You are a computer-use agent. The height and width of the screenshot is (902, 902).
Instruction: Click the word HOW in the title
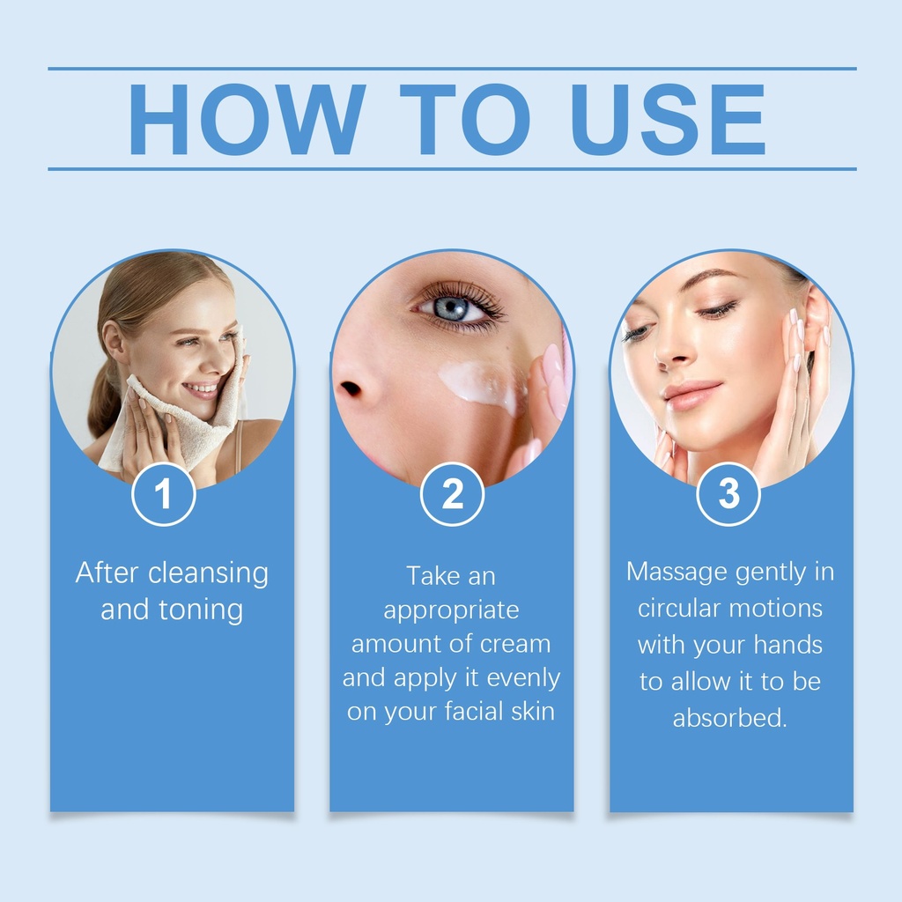(x=247, y=119)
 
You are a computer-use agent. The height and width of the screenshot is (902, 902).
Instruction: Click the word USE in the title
(x=668, y=119)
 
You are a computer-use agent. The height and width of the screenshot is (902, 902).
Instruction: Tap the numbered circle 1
(x=163, y=494)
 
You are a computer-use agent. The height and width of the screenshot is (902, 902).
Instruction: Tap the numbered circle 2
(x=452, y=494)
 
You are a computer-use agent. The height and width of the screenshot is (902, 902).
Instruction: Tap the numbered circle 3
(x=728, y=494)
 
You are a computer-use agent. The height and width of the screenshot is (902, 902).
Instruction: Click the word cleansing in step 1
(x=208, y=574)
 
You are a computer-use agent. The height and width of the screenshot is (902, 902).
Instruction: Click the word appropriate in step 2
(x=452, y=611)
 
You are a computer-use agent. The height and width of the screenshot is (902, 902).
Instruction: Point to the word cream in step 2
(x=515, y=644)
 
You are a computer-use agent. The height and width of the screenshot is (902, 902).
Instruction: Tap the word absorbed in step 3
(x=729, y=718)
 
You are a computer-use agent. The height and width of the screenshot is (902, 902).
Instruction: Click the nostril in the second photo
(x=350, y=389)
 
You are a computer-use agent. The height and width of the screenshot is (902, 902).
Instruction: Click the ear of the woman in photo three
(x=816, y=322)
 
